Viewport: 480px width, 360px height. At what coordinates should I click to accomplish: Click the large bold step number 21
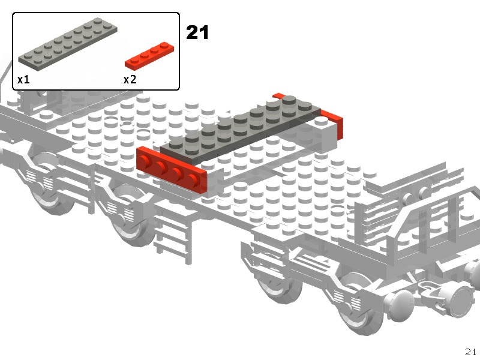tap(197, 32)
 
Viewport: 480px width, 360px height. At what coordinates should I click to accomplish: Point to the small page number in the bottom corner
tap(470, 352)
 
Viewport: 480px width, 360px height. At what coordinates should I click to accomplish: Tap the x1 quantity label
tap(23, 80)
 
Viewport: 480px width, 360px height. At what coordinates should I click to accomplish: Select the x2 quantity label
tap(130, 80)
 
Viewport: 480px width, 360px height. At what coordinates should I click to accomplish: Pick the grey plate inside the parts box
tap(68, 44)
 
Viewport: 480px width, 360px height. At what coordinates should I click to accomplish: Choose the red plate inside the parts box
tap(149, 56)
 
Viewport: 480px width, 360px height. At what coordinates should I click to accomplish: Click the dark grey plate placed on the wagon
tap(241, 128)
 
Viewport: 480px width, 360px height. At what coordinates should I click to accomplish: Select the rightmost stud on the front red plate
tap(193, 179)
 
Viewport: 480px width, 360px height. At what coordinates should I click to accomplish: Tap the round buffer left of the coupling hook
tap(401, 306)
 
